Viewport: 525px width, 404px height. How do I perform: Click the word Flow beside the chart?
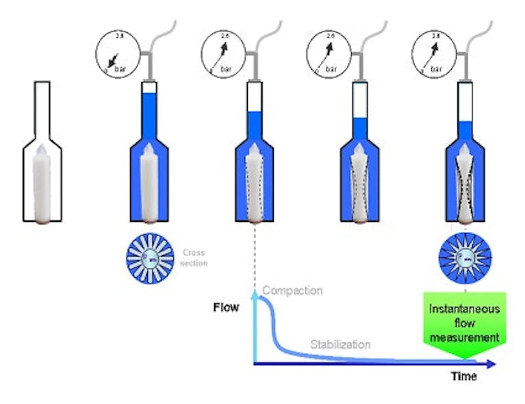(226, 307)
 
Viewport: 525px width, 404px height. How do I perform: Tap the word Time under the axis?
(463, 377)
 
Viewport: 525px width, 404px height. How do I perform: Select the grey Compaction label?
(292, 291)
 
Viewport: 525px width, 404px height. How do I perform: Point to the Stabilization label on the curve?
(341, 344)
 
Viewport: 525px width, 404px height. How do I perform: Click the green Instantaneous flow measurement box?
(464, 323)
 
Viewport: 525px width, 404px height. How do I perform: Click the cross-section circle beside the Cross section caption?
(148, 257)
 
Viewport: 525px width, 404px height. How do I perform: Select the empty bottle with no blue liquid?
(42, 157)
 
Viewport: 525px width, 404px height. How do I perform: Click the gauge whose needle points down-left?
(118, 53)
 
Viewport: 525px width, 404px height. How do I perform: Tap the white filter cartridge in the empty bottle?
(42, 185)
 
